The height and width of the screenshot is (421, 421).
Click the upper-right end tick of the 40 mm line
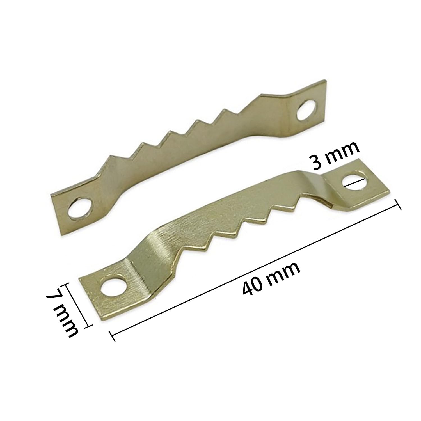coord(398,204)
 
